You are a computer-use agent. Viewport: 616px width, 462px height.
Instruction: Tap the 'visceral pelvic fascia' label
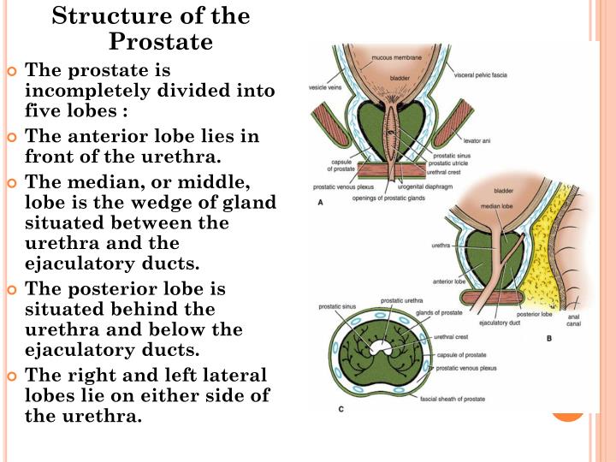(x=480, y=75)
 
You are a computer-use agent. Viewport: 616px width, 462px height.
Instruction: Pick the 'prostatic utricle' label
(x=452, y=163)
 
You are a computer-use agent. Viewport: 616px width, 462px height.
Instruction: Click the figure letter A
(x=320, y=203)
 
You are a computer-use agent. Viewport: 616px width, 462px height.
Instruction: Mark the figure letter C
(x=341, y=410)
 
